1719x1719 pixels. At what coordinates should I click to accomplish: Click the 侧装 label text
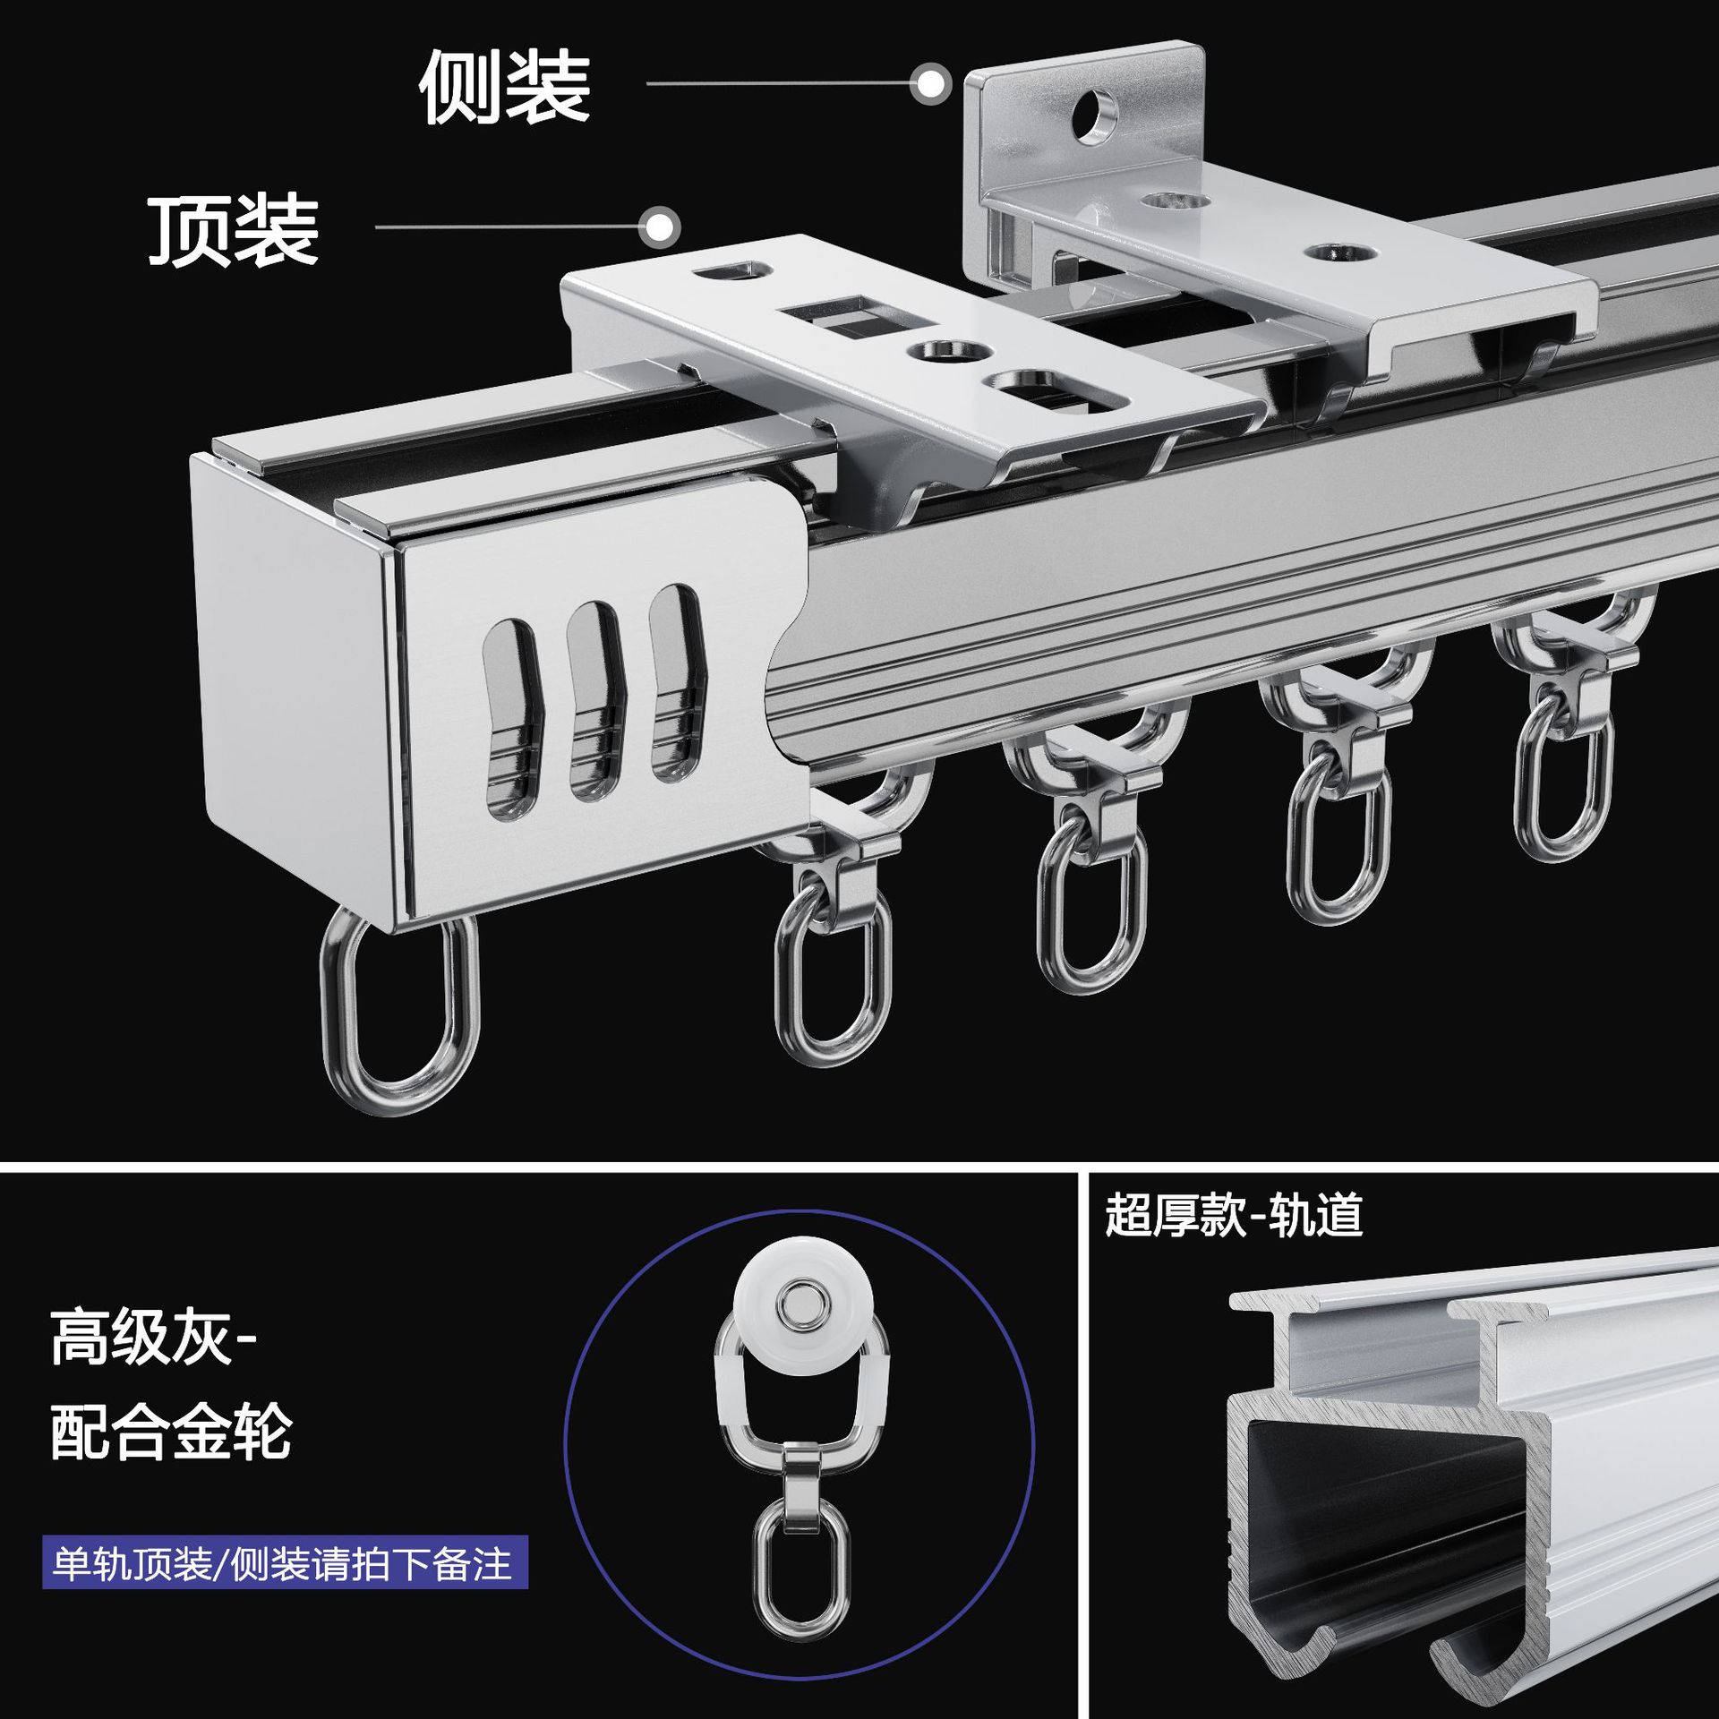tap(504, 87)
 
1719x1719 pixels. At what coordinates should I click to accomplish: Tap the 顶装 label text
tap(233, 230)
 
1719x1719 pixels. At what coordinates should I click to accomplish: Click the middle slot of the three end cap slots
tap(594, 699)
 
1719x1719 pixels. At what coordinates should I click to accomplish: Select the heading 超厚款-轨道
tap(1234, 1215)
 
